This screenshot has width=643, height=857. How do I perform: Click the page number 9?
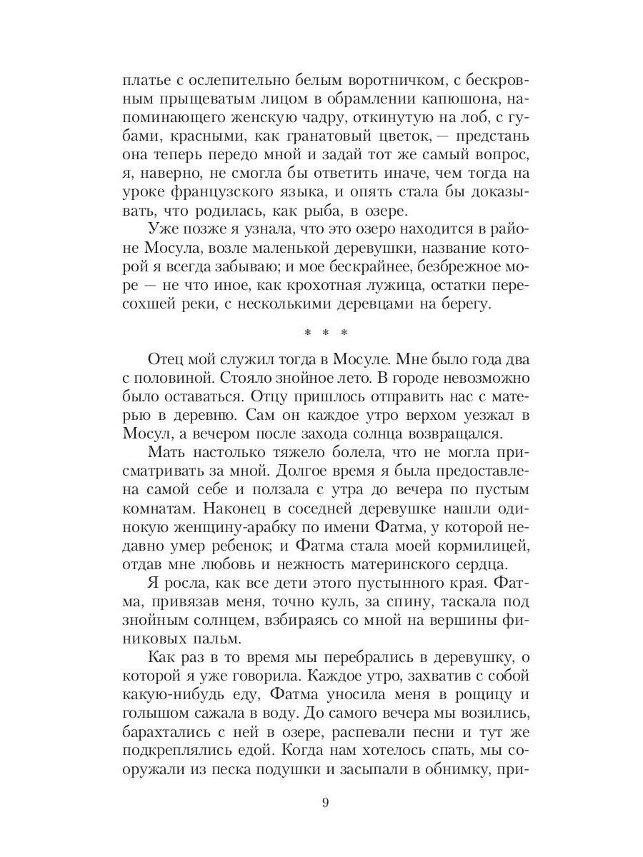coord(325,803)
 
